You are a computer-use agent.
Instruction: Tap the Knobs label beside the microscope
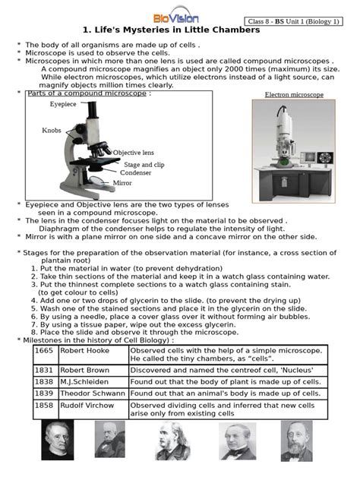click(x=52, y=130)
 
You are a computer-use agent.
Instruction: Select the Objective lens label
click(x=134, y=153)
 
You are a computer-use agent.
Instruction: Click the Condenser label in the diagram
click(x=135, y=172)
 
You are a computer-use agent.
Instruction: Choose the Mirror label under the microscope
click(x=122, y=183)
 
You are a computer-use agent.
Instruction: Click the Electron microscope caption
click(x=294, y=95)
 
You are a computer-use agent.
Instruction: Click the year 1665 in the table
click(x=44, y=351)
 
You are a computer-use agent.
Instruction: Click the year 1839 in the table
click(x=44, y=393)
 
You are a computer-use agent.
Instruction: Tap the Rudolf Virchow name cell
click(x=87, y=406)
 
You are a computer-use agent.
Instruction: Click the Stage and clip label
click(x=144, y=164)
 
